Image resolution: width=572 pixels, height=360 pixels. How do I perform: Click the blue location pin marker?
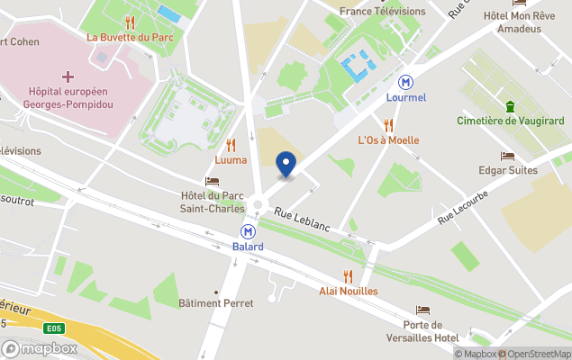tap(286, 164)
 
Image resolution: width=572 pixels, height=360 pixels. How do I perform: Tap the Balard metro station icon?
tap(248, 231)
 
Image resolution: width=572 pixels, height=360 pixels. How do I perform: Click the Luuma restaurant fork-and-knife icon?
tap(231, 145)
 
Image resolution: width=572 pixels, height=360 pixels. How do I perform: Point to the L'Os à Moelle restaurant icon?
tap(389, 125)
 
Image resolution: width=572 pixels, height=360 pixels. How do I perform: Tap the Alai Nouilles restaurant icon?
tap(348, 276)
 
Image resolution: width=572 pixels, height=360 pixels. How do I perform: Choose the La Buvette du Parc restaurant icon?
tap(130, 22)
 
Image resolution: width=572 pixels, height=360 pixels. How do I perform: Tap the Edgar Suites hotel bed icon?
tap(508, 156)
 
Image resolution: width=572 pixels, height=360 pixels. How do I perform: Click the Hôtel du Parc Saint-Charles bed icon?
tap(213, 181)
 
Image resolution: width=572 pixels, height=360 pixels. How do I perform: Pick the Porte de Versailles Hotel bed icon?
tap(422, 310)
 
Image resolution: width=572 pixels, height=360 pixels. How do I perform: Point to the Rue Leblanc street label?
tap(303, 220)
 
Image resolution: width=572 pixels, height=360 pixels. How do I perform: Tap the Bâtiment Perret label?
tap(215, 303)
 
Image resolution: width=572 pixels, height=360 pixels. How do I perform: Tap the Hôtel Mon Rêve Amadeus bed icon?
tap(519, 3)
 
